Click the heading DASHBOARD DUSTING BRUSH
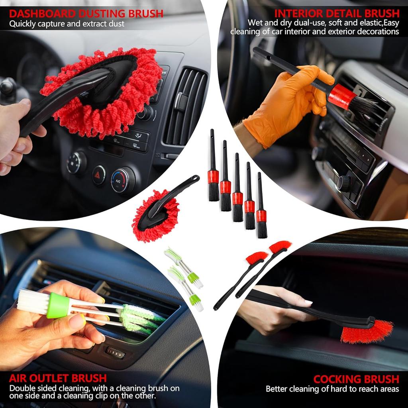pos(86,14)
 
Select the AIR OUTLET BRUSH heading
pos(58,378)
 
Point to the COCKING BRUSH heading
pos(356,379)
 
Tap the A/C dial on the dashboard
pos(122,180)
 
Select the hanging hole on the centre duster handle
pos(195,178)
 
